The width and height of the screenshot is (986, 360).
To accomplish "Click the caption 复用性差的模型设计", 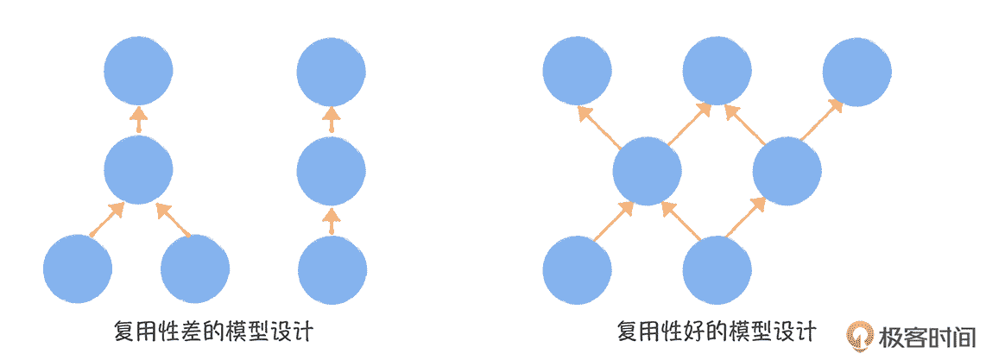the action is (212, 332).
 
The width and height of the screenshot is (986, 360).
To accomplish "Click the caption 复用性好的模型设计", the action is (716, 332).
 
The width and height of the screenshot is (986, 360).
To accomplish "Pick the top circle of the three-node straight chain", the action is (331, 71).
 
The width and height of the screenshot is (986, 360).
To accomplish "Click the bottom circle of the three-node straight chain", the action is (331, 268).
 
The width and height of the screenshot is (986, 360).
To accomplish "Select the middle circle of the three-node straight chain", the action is (331, 171).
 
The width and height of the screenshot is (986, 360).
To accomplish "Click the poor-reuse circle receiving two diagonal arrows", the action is (138, 171).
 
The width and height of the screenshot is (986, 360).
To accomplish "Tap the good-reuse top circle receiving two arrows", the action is (717, 71).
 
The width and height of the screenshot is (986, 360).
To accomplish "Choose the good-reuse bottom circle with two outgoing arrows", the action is (717, 270).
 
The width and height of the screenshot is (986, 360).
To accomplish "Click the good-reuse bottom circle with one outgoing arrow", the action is (578, 270).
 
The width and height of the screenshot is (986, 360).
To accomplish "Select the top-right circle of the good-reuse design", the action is (856, 71).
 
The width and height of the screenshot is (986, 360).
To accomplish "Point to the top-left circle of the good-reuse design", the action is (578, 71).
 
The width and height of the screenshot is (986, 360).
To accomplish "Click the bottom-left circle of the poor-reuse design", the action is (78, 268).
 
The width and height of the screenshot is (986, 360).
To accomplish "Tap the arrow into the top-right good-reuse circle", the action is (821, 120).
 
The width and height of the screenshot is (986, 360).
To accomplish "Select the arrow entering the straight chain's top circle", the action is (331, 120).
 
